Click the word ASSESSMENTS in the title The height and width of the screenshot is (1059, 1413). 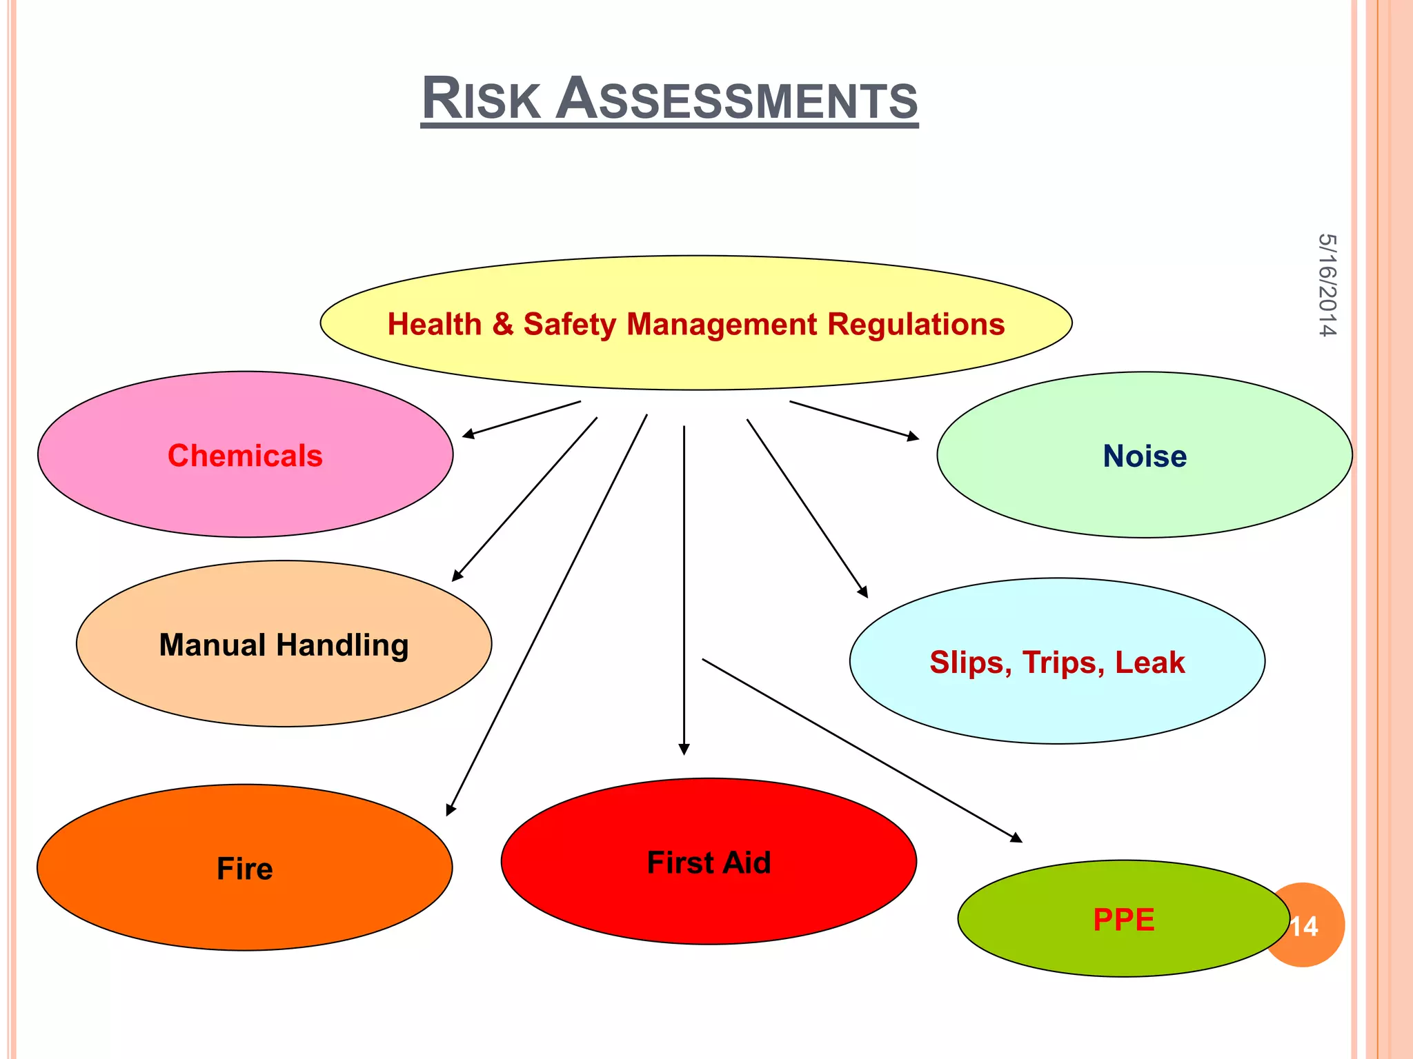pos(736,99)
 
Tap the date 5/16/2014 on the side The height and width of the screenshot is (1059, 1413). pos(1327,285)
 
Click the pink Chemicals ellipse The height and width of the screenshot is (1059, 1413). pos(245,483)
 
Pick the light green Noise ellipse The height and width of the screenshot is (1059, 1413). pos(1144,483)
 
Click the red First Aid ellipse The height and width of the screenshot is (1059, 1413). pos(709,896)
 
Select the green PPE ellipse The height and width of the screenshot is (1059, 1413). pos(1123,945)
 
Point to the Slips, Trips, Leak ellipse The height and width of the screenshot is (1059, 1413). pos(1057,696)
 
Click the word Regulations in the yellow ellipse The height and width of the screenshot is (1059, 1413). pos(916,324)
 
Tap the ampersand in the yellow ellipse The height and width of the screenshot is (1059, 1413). pos(502,324)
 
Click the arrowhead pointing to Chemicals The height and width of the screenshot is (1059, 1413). pos(468,434)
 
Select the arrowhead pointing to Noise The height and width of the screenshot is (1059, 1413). pos(913,436)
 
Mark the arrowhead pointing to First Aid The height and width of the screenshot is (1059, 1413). pos(684,749)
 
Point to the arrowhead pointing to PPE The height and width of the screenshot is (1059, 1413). pos(1016,838)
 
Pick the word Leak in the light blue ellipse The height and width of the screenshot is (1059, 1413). pos(1149,663)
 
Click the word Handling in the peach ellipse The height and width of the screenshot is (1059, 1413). pos(342,646)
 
